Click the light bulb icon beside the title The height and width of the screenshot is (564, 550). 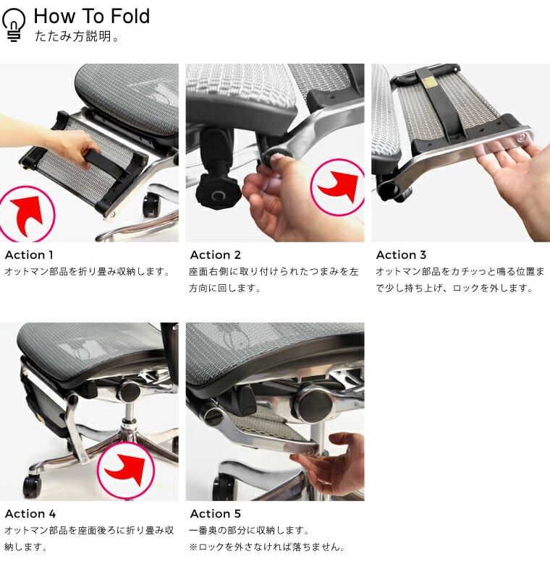coord(14,25)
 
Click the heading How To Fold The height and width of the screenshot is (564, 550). coord(92,16)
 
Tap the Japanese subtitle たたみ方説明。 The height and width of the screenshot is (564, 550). coord(77,36)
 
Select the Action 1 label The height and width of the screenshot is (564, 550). coord(29,255)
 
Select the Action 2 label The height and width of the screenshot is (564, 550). coord(215,255)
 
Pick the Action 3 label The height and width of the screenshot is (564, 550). coord(401,255)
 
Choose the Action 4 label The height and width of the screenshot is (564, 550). coord(30,513)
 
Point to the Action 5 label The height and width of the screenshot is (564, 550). coord(215,513)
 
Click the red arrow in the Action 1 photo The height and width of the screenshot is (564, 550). coord(27,214)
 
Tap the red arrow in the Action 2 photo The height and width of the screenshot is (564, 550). coord(339,187)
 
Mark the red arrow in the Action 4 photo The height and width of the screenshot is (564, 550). coord(125,469)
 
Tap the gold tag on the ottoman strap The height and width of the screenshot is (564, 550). coord(431,83)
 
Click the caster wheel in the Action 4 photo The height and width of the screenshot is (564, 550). coord(32,487)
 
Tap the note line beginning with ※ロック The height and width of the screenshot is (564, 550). coord(267,547)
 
